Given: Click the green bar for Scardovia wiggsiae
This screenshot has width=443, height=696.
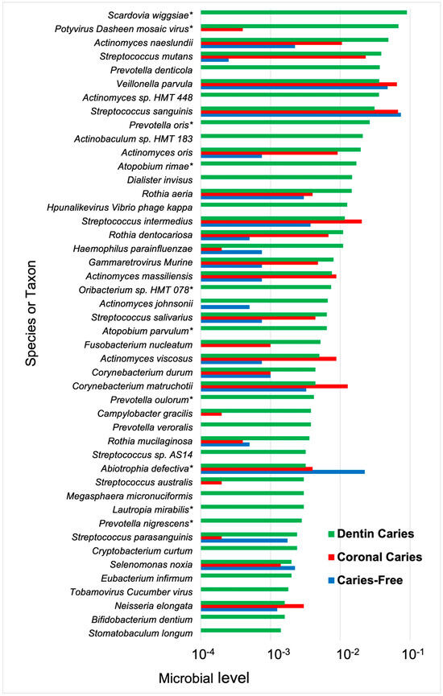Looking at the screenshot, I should click(303, 12).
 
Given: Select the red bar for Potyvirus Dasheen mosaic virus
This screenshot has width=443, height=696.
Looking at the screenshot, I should click(221, 30).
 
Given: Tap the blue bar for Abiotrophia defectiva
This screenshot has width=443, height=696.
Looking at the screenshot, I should click(282, 472).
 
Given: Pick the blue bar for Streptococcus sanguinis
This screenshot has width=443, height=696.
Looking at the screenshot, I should click(300, 115).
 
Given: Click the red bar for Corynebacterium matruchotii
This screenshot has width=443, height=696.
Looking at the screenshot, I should click(274, 386).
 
